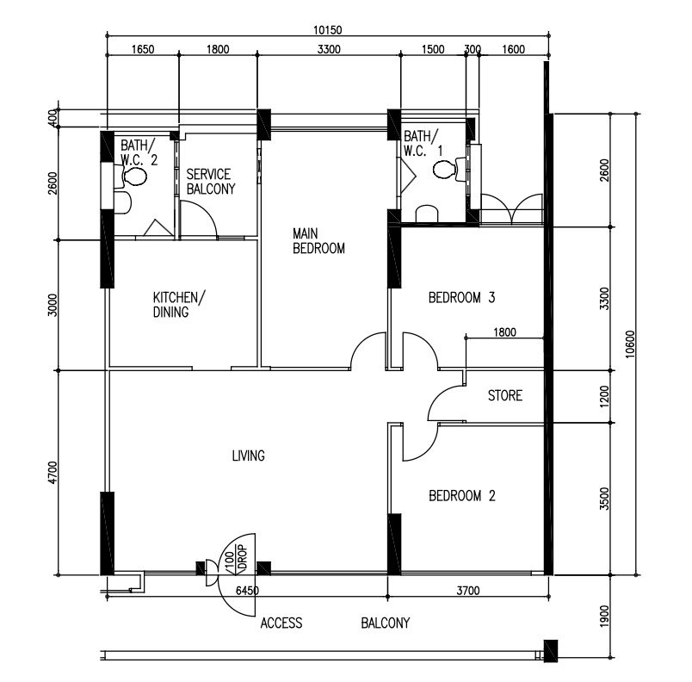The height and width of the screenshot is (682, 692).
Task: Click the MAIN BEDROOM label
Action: click(318, 240)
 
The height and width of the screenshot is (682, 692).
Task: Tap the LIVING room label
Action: click(249, 456)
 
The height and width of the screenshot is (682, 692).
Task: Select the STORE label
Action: click(505, 395)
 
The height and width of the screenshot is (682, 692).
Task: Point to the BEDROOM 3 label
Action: click(461, 298)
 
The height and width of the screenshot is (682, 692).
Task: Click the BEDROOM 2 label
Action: click(462, 496)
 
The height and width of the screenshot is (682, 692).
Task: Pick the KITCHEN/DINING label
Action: click(179, 305)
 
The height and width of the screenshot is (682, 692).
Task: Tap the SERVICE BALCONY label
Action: click(211, 182)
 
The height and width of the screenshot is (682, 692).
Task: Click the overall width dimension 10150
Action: click(327, 30)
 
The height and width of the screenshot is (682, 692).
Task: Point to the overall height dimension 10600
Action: click(630, 344)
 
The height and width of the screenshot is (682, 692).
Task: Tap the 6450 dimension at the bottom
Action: click(247, 591)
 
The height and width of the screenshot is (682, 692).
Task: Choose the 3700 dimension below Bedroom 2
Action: click(468, 591)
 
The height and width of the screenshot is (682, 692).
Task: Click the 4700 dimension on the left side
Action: click(53, 473)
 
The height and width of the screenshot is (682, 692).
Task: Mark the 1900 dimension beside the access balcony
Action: click(604, 616)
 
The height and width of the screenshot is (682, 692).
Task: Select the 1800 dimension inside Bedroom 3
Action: click(504, 332)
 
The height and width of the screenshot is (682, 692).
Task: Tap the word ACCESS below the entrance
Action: click(281, 623)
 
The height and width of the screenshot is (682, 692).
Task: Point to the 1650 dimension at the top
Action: click(143, 49)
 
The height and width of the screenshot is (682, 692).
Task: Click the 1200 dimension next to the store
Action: click(604, 396)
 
